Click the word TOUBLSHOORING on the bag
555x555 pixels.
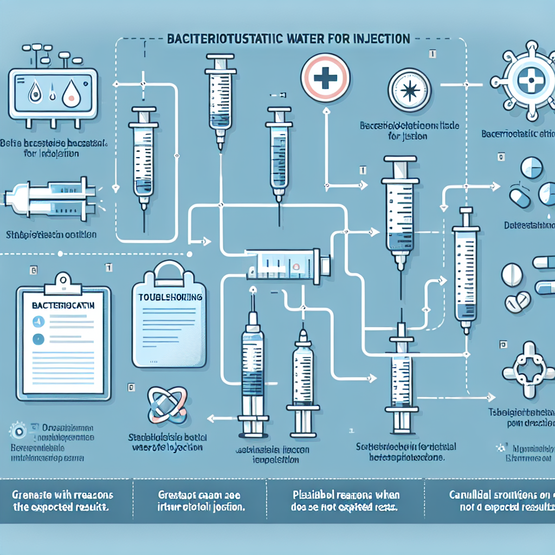(x=170, y=298)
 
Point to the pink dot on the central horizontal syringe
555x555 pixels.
(x=295, y=267)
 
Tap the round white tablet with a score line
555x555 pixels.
(x=512, y=275)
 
